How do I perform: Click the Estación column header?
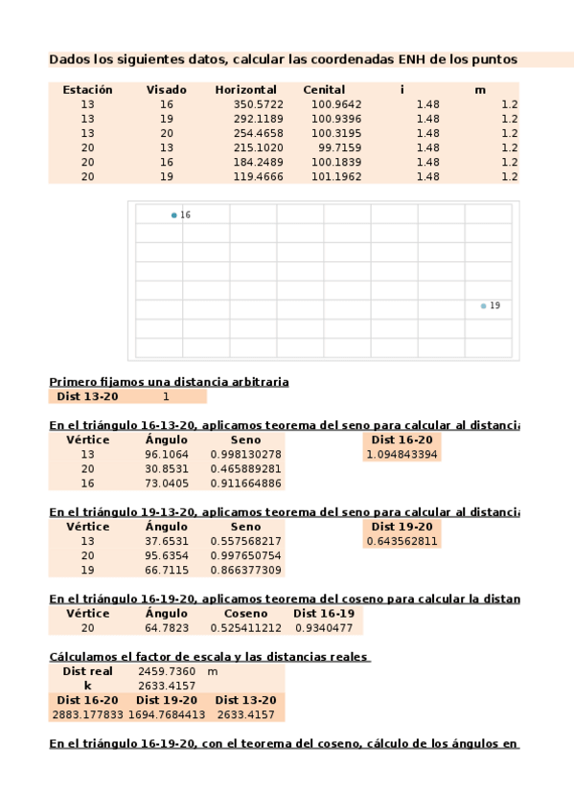coord(87,90)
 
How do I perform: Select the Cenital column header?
coord(324,90)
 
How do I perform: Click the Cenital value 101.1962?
coord(336,176)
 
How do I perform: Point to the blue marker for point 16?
coord(174,215)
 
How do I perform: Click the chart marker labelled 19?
coord(483,305)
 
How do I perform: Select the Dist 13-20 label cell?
coord(88,396)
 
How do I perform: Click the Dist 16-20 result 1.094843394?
coord(402,454)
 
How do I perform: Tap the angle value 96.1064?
coord(167,454)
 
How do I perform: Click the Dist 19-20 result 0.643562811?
coord(402,541)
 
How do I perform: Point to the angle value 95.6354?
coord(167,555)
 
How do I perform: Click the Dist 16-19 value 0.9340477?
coord(326,628)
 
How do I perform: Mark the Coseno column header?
coord(245,614)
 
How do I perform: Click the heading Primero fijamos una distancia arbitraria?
coord(169,381)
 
